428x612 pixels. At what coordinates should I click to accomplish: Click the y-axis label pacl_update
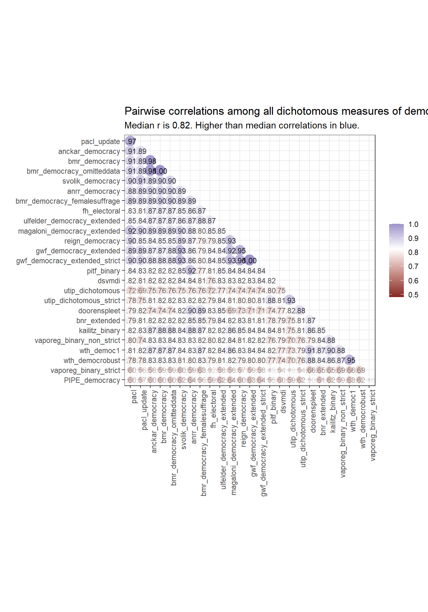[100, 142]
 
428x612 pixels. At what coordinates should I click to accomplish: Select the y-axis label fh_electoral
[101, 211]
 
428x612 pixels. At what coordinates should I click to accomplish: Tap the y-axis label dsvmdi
[109, 281]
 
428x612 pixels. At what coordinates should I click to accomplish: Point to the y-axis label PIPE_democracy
[92, 380]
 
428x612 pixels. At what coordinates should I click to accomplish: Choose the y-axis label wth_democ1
[100, 351]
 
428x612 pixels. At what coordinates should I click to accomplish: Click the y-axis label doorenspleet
[99, 311]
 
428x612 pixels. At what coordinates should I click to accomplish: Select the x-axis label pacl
[134, 397]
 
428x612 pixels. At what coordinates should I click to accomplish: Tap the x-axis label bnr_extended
[323, 412]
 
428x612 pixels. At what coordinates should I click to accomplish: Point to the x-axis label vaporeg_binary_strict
[373, 425]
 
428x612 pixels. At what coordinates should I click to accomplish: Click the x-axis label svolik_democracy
[184, 420]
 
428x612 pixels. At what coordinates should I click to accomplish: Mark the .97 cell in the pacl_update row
[131, 142]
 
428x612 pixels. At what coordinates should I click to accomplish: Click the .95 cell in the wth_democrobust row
[350, 361]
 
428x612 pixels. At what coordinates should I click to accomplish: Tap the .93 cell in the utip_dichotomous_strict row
[290, 301]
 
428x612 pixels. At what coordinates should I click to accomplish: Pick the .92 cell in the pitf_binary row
[190, 271]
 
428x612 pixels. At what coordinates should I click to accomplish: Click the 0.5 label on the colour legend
[413, 295]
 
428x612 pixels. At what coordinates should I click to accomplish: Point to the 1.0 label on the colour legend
[413, 224]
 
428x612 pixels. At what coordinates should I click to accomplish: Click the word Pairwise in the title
[145, 111]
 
